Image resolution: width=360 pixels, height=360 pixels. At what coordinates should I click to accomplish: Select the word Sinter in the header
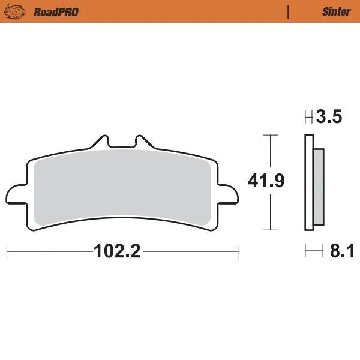click(335, 11)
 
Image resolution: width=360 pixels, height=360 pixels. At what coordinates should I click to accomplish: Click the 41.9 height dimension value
click(265, 180)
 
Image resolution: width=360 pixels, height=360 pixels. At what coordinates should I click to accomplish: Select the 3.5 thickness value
click(330, 117)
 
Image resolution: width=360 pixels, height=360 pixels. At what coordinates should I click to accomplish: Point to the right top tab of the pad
click(143, 142)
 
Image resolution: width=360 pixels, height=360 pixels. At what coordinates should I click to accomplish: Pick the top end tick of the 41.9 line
click(272, 136)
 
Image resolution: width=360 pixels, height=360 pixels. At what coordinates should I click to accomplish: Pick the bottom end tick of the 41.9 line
click(272, 230)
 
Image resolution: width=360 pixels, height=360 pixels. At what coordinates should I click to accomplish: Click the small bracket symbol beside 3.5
click(308, 117)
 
